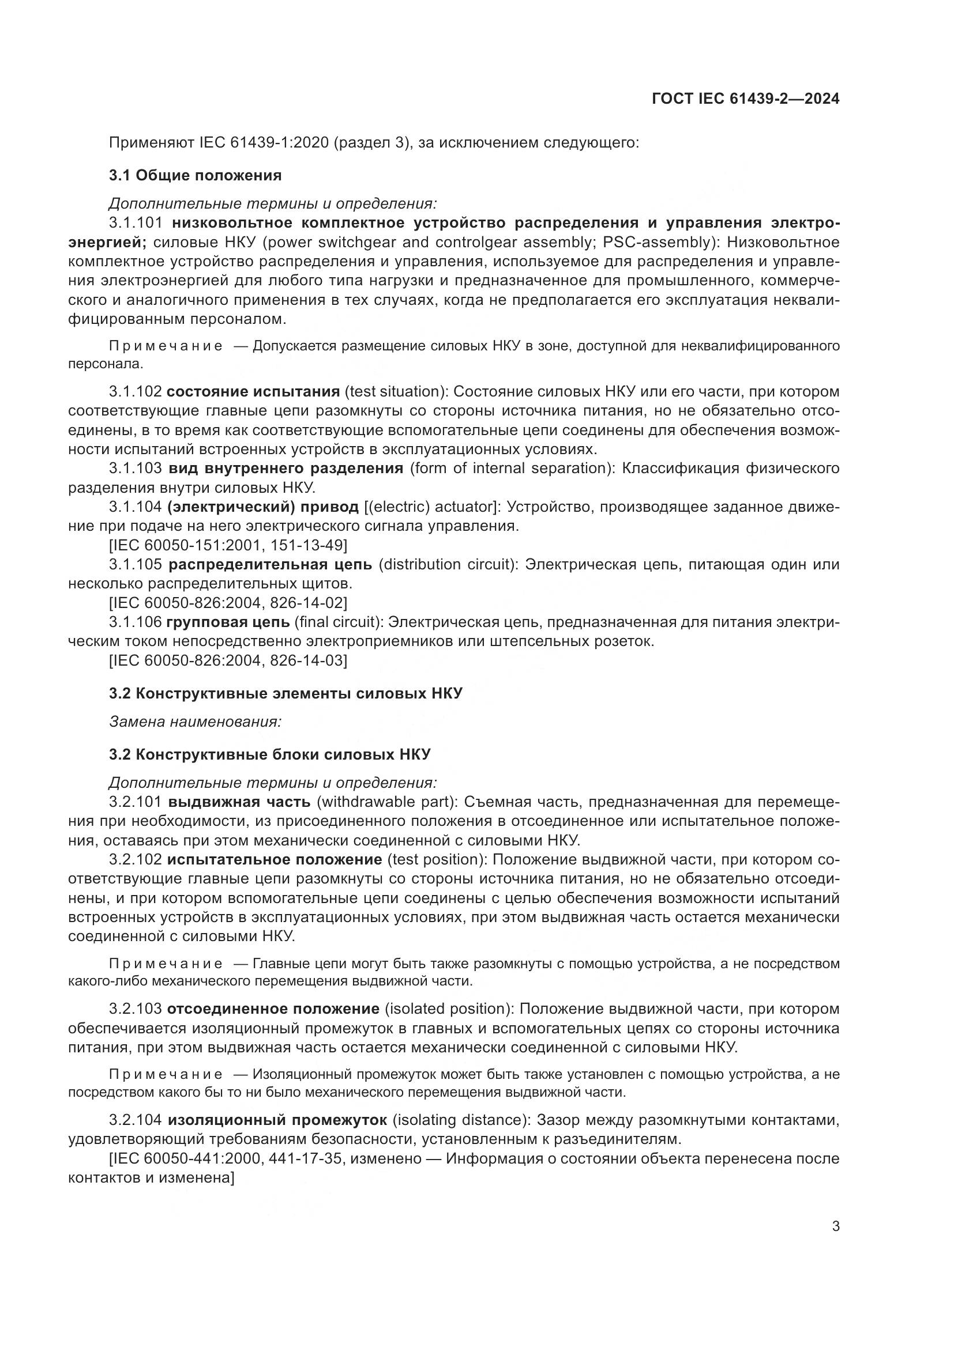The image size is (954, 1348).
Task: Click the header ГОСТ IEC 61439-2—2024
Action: point(745,99)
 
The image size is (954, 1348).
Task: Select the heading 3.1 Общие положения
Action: point(195,175)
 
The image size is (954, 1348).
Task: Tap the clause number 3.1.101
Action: point(135,223)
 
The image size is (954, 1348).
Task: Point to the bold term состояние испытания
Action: point(253,391)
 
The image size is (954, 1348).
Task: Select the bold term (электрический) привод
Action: point(262,507)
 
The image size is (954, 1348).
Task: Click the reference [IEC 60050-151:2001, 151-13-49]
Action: point(228,545)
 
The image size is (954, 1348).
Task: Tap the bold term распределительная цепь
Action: point(270,565)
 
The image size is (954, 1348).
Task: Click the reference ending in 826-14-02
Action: point(228,603)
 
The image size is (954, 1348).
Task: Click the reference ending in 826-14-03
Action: point(228,660)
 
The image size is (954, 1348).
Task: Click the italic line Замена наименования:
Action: point(195,722)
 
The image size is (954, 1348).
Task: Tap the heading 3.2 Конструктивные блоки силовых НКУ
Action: point(269,754)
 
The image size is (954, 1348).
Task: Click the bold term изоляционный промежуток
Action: point(277,1120)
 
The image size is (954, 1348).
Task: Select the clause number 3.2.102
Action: point(135,860)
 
